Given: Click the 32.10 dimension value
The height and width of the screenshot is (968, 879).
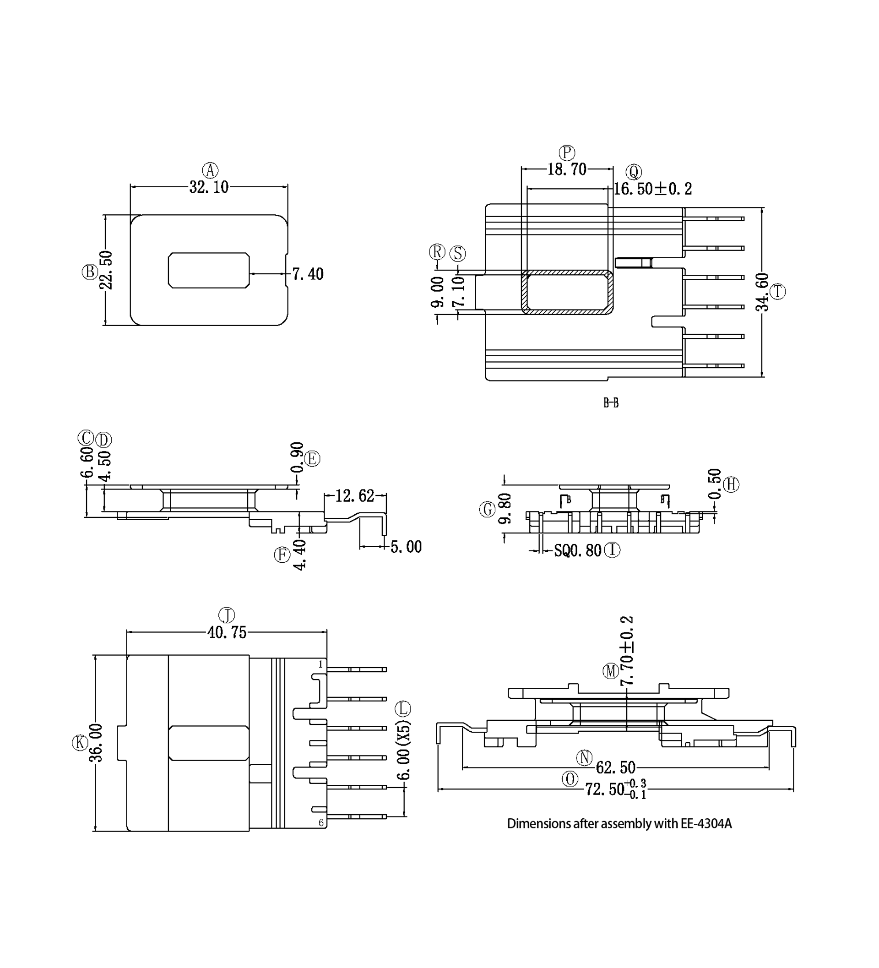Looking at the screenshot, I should [x=209, y=187].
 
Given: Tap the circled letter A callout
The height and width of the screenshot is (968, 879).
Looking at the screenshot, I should [x=210, y=170].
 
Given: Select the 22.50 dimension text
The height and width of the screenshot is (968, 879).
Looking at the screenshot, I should [x=107, y=270].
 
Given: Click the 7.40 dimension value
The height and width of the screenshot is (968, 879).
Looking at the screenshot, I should [x=308, y=274].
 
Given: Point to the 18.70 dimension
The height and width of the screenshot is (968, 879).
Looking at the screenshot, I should [x=567, y=169].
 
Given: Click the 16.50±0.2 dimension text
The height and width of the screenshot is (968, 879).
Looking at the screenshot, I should [x=653, y=189].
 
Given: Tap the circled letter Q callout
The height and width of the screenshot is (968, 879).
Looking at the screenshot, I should [x=634, y=172].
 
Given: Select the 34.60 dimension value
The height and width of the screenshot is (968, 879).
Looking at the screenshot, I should [x=762, y=293].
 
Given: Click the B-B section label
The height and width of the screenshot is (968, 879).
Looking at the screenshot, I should [x=611, y=403].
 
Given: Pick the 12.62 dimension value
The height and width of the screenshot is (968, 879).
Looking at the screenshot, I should [x=354, y=496].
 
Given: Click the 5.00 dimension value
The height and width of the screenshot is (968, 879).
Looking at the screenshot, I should [x=406, y=547].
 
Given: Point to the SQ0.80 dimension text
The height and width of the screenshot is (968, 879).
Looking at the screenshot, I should [x=577, y=551].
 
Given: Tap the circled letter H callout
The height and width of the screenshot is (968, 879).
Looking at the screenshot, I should [x=731, y=484].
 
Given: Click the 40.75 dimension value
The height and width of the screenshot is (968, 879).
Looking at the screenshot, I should [x=227, y=633].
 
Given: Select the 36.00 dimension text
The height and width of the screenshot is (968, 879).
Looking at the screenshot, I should [x=97, y=743].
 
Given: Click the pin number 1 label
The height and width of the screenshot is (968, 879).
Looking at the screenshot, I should [x=320, y=664].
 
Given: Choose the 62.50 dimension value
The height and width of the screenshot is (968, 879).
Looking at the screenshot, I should [x=615, y=768].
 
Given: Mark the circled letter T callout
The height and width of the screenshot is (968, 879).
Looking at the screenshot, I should [x=778, y=292].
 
